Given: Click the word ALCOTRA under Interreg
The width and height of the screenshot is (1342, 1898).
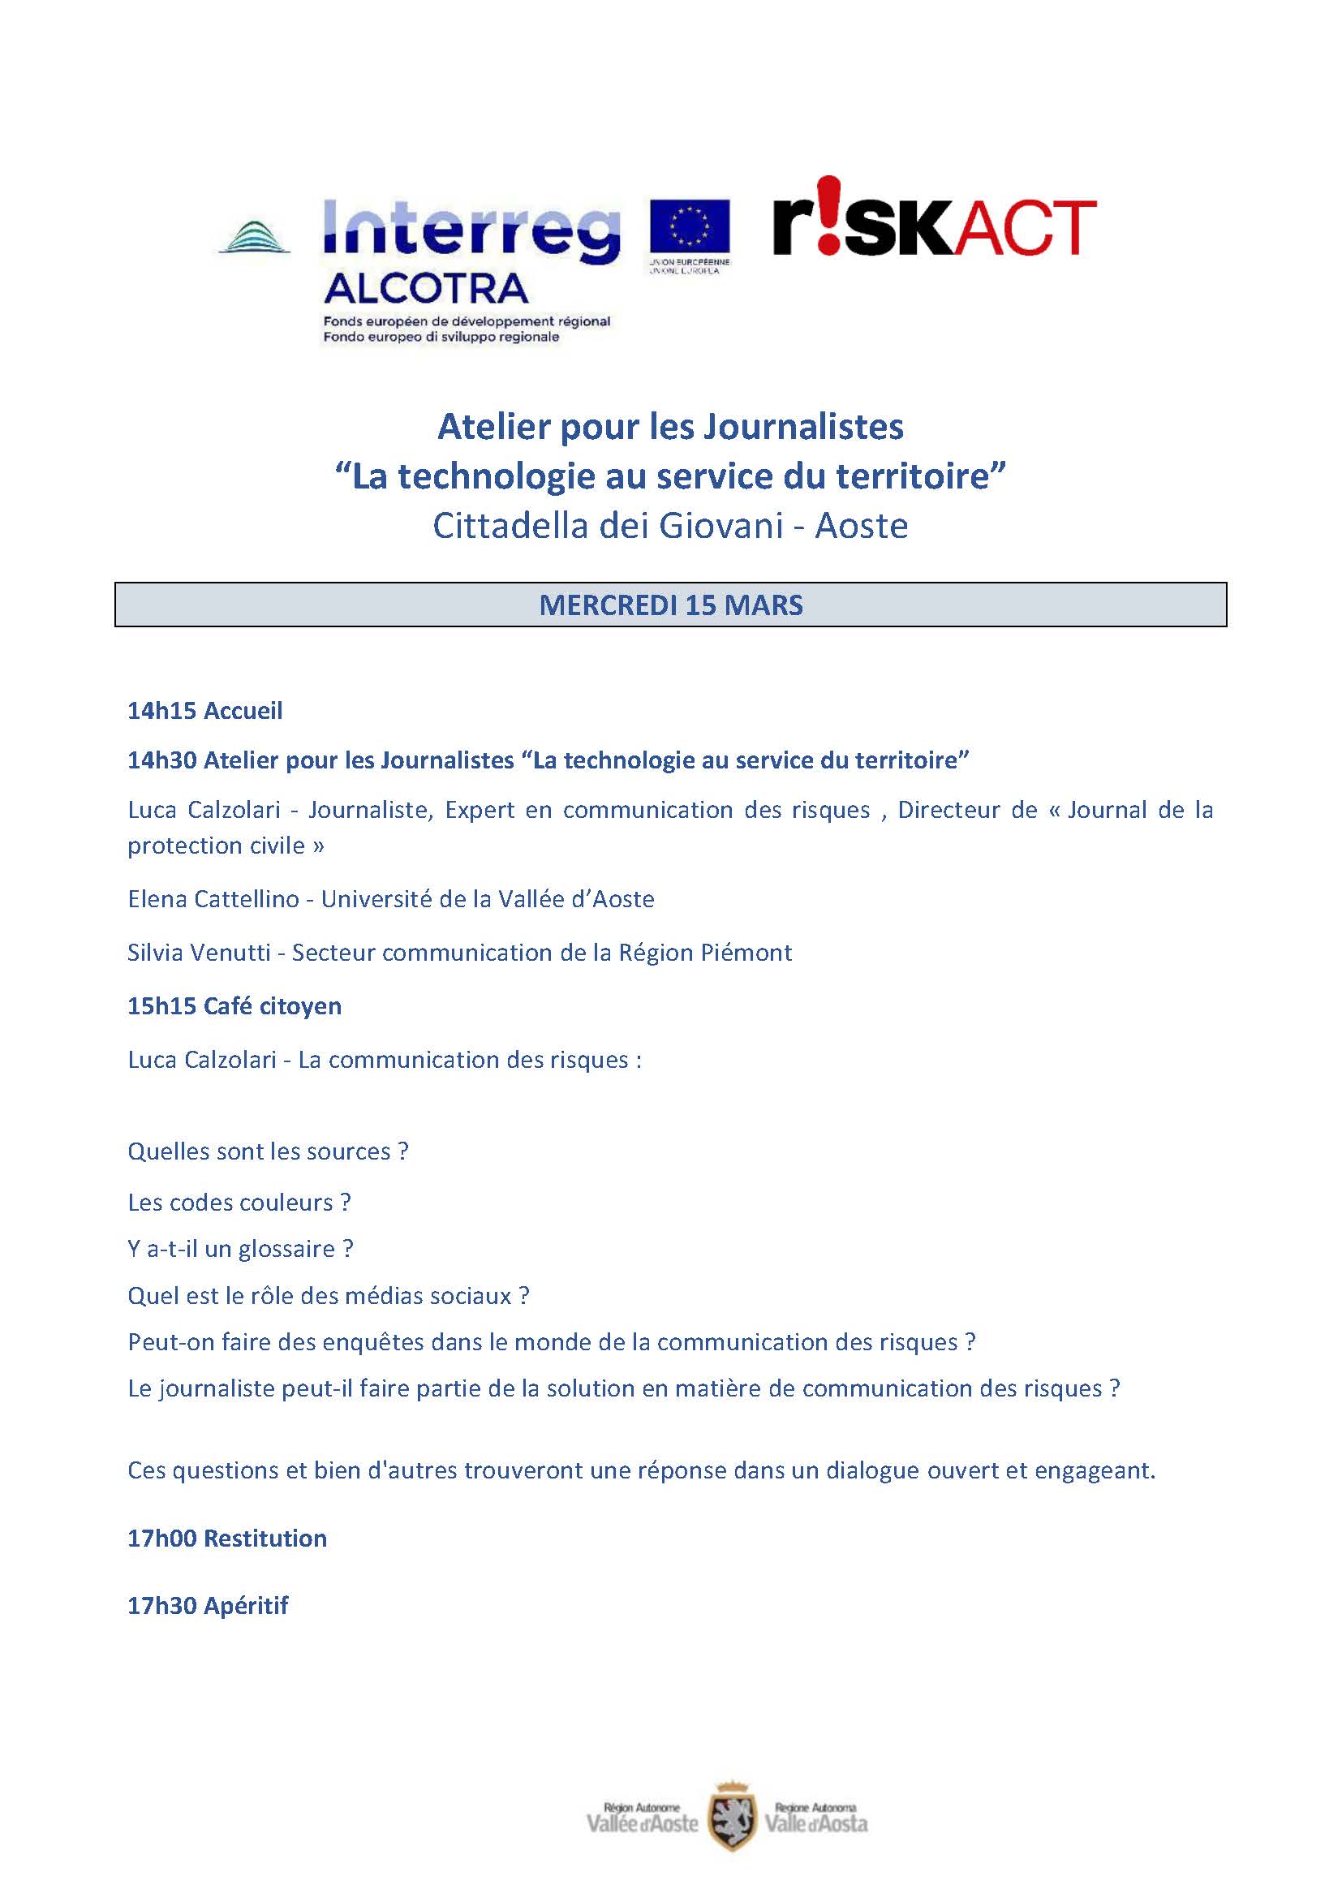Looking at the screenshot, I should [x=426, y=289].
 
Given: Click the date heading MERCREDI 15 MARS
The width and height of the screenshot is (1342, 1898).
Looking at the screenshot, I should [x=670, y=605].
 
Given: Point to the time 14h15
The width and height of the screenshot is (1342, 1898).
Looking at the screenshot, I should [x=162, y=711].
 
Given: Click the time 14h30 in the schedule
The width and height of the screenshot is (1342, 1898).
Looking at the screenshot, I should [x=162, y=760].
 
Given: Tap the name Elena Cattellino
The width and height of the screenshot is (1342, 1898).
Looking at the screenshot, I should [x=213, y=899].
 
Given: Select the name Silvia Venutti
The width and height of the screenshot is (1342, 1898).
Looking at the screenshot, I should [x=198, y=953].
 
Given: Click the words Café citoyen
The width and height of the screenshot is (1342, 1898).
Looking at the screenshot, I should [x=273, y=1006].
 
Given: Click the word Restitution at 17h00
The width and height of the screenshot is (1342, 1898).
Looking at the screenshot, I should [x=265, y=1539].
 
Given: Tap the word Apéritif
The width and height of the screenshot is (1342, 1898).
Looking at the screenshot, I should [x=247, y=1605].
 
